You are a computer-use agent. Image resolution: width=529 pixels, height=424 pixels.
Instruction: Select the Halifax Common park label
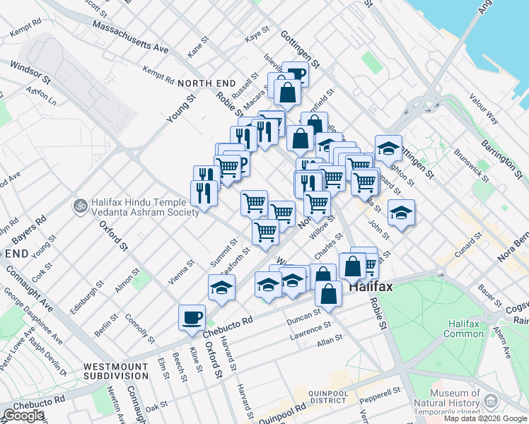464,329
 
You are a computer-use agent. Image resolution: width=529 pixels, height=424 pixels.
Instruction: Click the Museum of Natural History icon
489,403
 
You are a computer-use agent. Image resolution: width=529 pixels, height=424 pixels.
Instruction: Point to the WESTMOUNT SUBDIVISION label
116,372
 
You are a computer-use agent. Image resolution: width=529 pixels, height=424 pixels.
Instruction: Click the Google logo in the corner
23,416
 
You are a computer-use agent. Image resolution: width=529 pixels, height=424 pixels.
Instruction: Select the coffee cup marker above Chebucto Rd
192,317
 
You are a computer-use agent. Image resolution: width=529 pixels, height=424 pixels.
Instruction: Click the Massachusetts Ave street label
130,37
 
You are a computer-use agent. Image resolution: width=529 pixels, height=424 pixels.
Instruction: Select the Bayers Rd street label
33,228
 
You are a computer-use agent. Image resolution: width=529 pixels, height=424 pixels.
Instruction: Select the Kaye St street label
257,35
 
